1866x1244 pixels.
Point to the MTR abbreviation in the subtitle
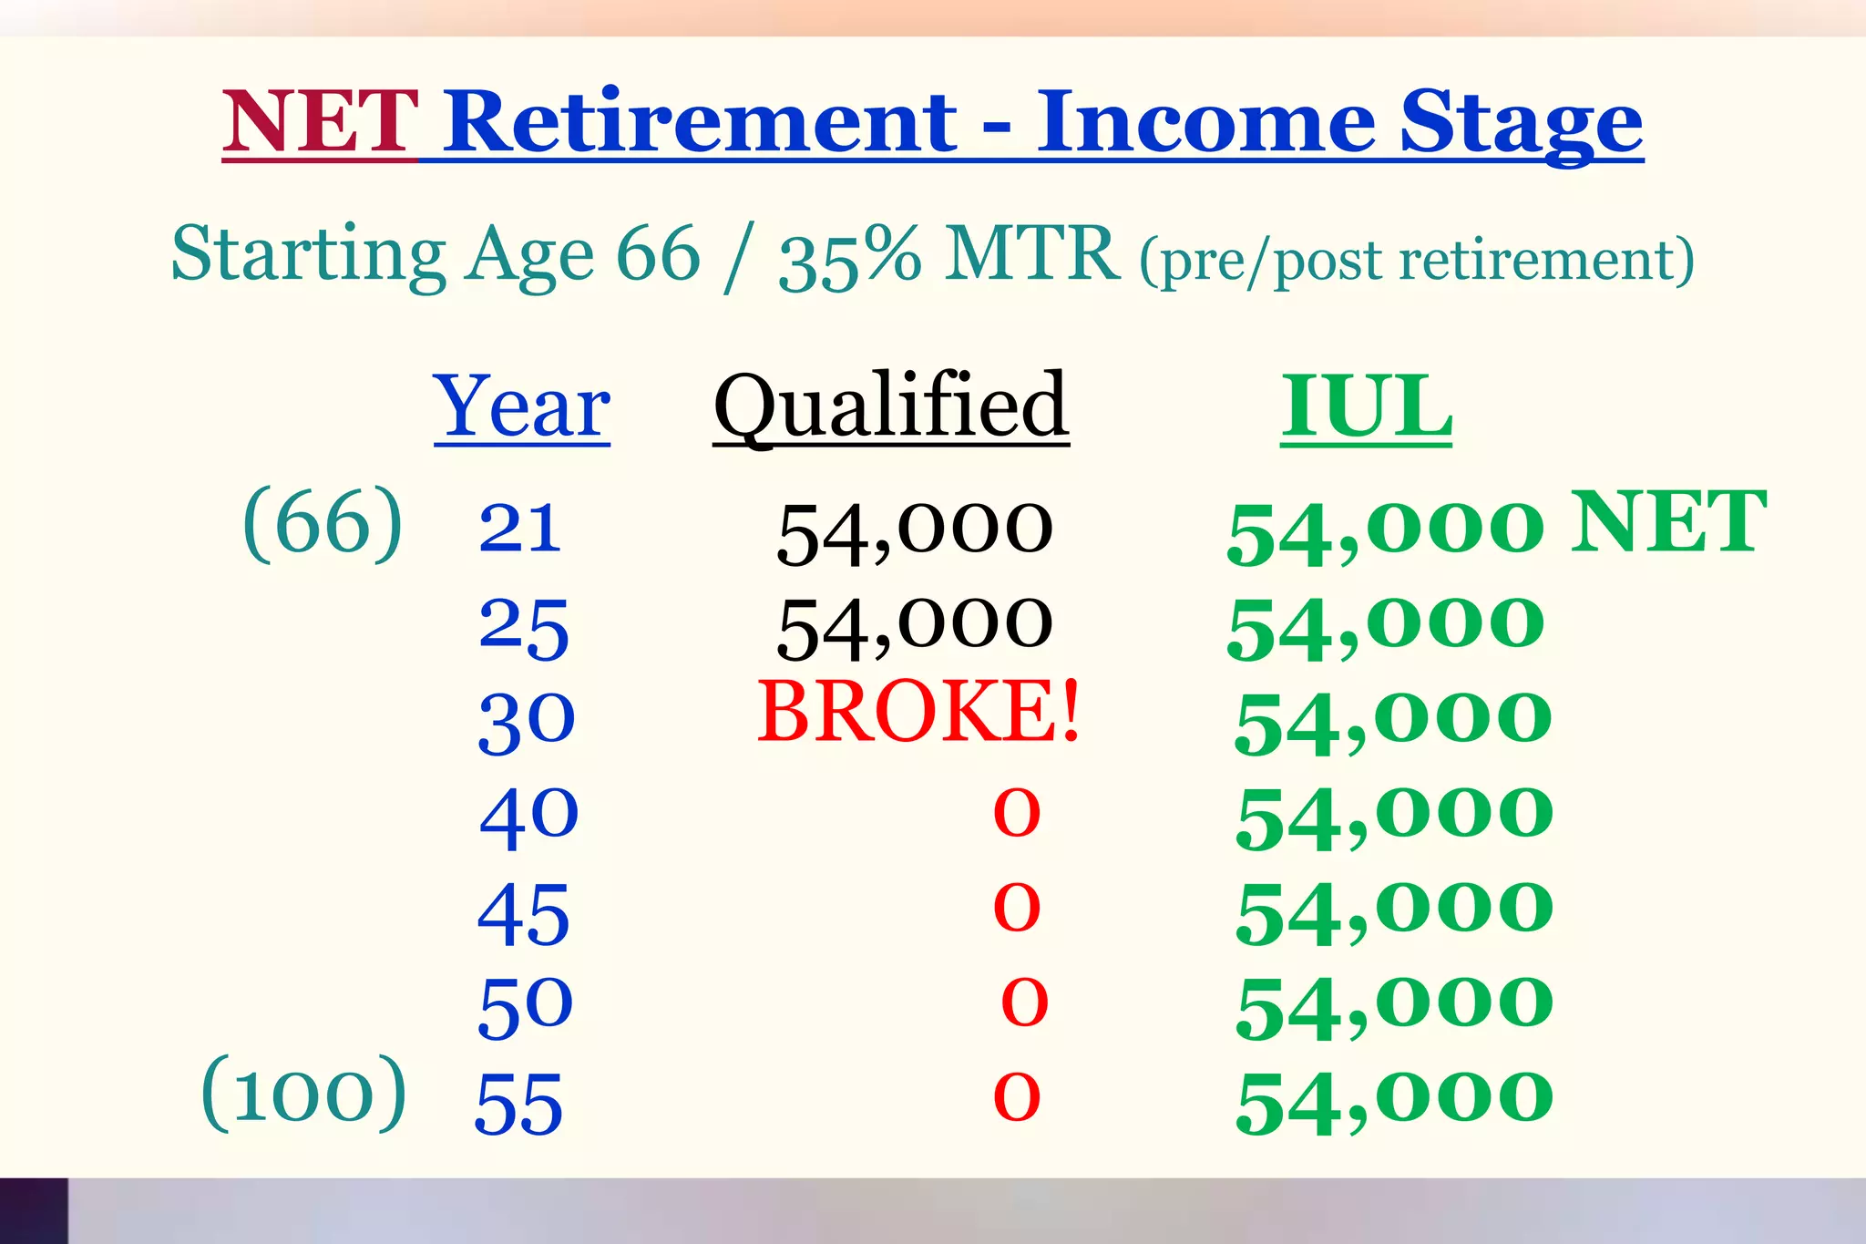pyautogui.click(x=1032, y=254)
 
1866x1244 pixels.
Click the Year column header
pyautogui.click(x=522, y=407)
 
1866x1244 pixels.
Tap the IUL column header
pyautogui.click(x=1366, y=407)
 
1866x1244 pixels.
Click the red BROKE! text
pyautogui.click(x=918, y=712)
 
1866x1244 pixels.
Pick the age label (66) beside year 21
pyautogui.click(x=323, y=523)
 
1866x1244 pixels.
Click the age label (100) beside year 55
pyautogui.click(x=303, y=1094)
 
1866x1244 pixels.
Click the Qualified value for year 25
pyautogui.click(x=915, y=626)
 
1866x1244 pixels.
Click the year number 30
pyautogui.click(x=527, y=722)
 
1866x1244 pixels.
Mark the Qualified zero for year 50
pyautogui.click(x=1024, y=1002)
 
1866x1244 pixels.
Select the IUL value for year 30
pyautogui.click(x=1393, y=722)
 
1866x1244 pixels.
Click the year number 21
pyautogui.click(x=519, y=529)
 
